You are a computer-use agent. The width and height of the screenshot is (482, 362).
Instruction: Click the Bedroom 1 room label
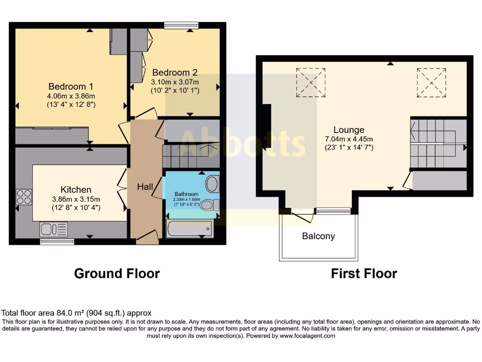[71, 86]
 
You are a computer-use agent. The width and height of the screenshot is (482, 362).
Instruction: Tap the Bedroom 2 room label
[175, 73]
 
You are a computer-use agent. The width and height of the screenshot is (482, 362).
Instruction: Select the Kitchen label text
[76, 189]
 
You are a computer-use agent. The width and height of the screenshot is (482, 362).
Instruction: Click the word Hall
[145, 187]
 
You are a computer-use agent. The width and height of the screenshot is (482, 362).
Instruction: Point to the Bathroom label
[186, 194]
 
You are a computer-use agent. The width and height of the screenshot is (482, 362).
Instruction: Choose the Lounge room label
[349, 130]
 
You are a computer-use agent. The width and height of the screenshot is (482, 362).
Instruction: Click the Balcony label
[318, 236]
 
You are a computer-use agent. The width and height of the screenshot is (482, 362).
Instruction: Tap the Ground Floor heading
[117, 273]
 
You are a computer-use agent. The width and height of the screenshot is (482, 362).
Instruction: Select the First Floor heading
[364, 273]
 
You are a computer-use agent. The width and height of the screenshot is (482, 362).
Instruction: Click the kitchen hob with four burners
[24, 197]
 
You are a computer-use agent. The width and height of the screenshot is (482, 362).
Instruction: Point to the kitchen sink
[54, 229]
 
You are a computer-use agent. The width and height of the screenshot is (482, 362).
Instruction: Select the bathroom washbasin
[212, 184]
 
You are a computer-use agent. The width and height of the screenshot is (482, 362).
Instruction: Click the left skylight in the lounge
[310, 82]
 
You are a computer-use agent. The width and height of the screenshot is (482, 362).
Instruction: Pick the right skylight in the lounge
[431, 82]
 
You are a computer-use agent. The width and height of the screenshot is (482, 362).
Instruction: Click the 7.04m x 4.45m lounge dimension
[349, 139]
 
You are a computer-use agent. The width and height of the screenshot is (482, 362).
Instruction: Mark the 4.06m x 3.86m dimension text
[71, 96]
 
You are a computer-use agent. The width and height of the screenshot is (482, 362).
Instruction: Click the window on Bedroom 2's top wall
[182, 25]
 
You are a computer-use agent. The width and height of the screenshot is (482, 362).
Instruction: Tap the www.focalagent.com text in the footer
[307, 336]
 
